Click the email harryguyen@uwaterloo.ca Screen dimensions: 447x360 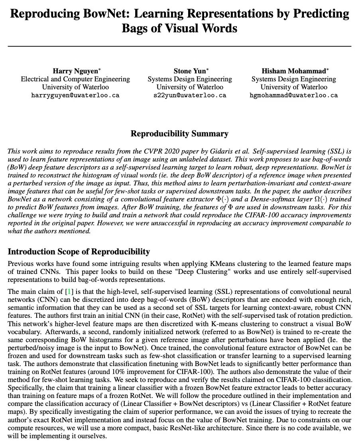pyautogui.click(x=75, y=95)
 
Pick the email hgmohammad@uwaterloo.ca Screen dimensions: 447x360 pyautogui.click(x=294, y=95)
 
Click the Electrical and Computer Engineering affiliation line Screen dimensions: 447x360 pyautogui.click(x=75, y=79)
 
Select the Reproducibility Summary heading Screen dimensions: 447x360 pyautogui.click(x=179, y=134)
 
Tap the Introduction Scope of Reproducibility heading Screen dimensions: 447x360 pyautogui.click(x=79, y=252)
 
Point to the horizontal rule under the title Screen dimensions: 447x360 pyautogui.click(x=179, y=46)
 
